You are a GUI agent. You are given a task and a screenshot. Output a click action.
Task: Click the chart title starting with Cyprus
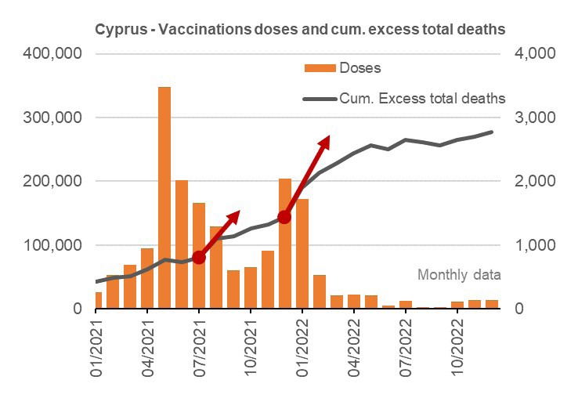(x=300, y=29)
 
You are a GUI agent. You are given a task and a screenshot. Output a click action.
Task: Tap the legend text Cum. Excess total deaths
(x=422, y=99)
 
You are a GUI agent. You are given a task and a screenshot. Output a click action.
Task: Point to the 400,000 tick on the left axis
(x=55, y=54)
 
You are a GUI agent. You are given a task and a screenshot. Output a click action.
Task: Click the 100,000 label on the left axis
(x=55, y=245)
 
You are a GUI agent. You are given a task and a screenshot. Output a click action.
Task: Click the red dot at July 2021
(x=199, y=257)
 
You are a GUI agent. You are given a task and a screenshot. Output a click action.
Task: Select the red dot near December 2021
(x=284, y=217)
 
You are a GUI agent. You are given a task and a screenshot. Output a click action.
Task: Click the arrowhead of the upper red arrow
(x=324, y=142)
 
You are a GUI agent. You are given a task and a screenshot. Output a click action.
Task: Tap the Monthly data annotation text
(x=459, y=275)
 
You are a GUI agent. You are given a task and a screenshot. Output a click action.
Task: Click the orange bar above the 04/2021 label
(x=147, y=278)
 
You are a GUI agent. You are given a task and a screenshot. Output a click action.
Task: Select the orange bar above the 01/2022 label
(x=302, y=254)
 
